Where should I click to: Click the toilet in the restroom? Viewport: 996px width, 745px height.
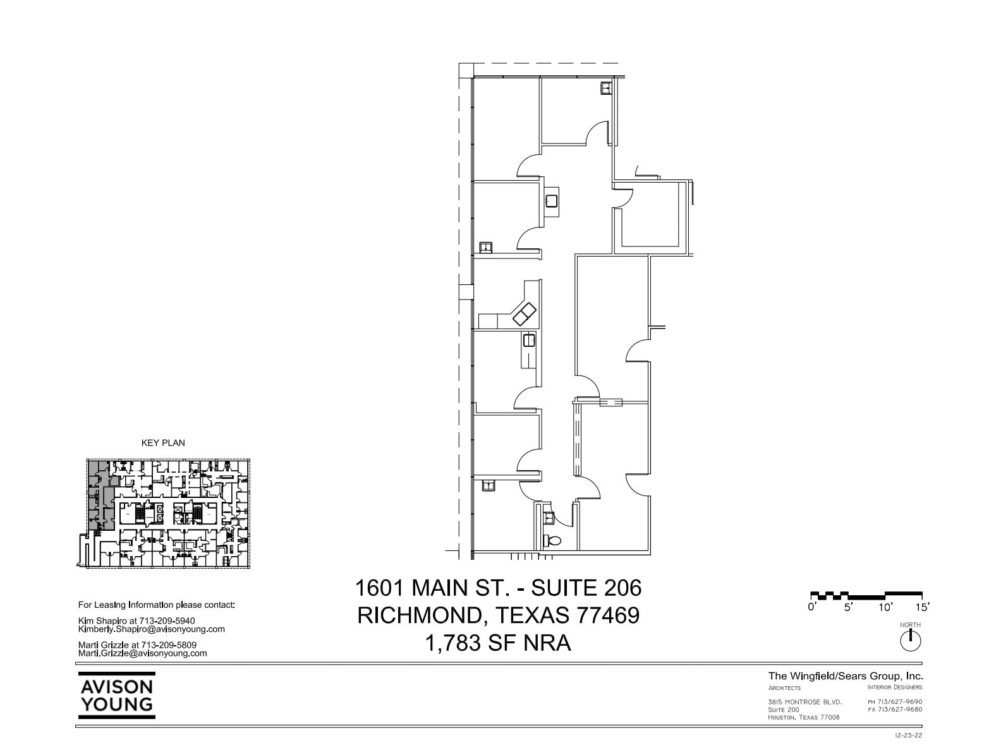[x=552, y=541]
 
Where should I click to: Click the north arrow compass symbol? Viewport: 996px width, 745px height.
[x=910, y=641]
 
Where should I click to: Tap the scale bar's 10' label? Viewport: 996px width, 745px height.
[x=885, y=607]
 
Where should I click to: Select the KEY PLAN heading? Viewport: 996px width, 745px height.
[x=163, y=443]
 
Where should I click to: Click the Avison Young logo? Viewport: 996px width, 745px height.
[x=117, y=695]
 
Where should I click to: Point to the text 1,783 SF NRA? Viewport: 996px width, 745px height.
[x=498, y=643]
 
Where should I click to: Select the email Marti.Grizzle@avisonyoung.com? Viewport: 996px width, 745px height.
[x=142, y=653]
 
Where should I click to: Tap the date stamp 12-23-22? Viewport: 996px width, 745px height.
[x=909, y=736]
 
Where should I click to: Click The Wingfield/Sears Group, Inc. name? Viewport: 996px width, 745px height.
[x=846, y=675]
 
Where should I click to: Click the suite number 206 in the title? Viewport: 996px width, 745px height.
[x=621, y=588]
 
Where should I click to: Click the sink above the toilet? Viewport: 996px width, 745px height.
[x=549, y=518]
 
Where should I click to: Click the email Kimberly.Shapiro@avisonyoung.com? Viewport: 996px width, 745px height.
[x=152, y=629]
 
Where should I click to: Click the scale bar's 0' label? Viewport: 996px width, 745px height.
[x=812, y=607]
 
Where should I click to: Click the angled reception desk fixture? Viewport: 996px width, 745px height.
[x=524, y=312]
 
